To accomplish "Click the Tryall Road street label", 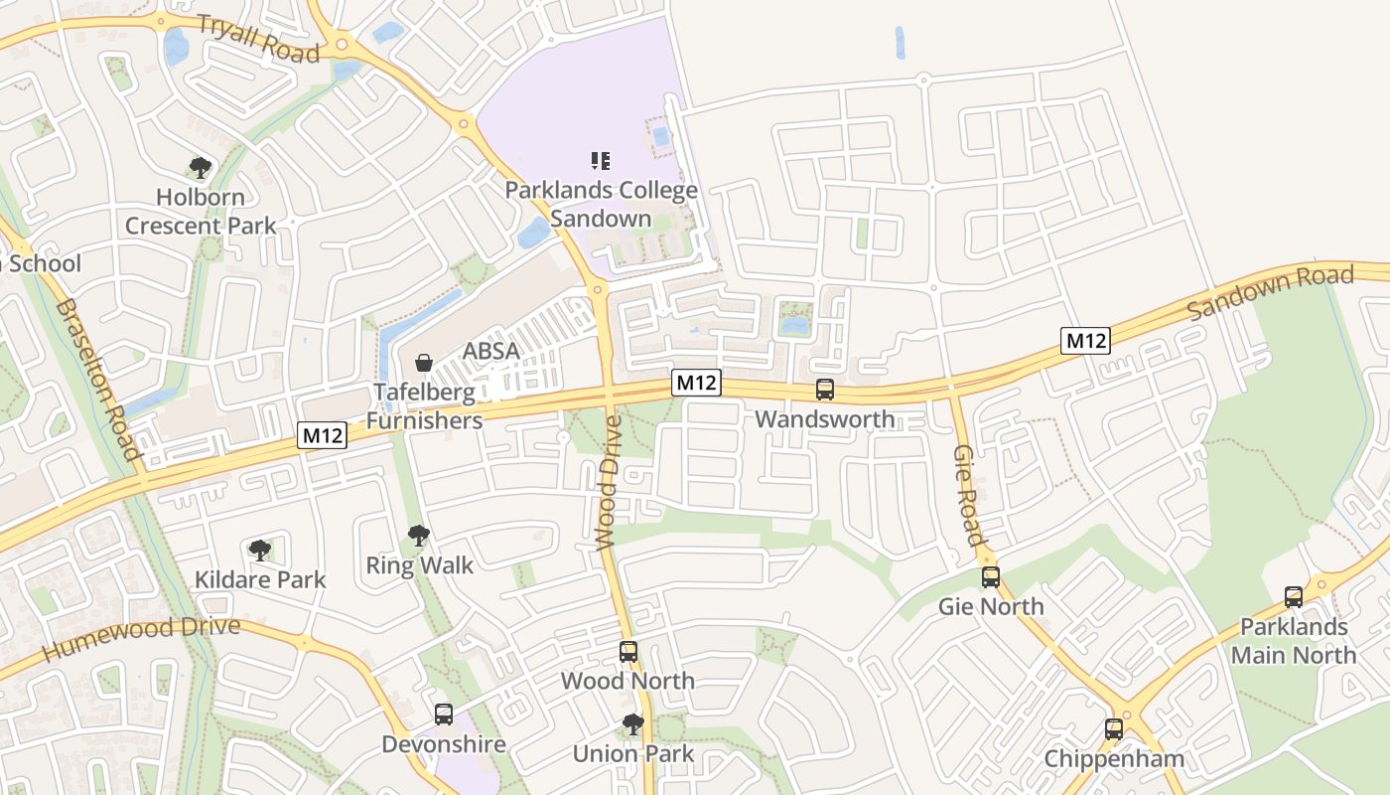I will pos(258,39).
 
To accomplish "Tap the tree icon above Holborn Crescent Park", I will pos(201,167).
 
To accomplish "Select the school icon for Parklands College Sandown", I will pos(601,160).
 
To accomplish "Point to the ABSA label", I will pos(491,351).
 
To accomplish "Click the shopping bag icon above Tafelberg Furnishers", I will pos(424,363).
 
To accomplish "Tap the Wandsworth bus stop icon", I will pos(825,390).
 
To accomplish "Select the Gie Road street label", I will pos(969,494).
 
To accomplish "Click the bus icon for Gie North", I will pos(991,577).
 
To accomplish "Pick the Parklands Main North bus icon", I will pos(1294,597).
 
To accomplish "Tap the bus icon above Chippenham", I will pos(1114,729).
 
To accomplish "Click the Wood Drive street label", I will pos(608,482).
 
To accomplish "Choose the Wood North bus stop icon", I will pos(628,652).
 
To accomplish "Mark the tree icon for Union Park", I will pos(632,724).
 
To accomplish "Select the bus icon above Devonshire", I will pos(444,715).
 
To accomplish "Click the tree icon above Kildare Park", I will pos(260,550).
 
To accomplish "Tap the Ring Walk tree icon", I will pos(419,537).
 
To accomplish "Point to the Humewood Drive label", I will pos(142,638).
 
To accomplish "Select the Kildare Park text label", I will pos(260,579).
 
